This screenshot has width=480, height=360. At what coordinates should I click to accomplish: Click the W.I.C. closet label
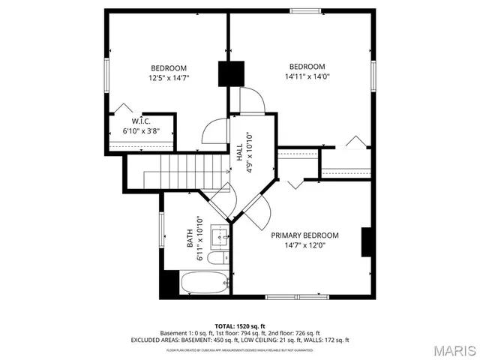[x=141, y=121]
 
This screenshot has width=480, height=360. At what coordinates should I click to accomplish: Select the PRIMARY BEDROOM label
[x=304, y=235]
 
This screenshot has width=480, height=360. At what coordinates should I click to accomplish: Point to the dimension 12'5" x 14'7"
[x=169, y=76]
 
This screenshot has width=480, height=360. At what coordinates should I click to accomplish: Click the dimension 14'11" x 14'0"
[x=307, y=76]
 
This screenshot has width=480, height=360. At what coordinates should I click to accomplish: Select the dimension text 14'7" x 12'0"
[x=304, y=244]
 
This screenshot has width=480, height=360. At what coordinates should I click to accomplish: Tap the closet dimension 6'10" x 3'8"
[x=141, y=130]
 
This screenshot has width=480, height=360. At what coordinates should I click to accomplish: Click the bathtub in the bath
[x=203, y=284]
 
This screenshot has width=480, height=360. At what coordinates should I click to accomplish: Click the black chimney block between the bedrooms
[x=231, y=73]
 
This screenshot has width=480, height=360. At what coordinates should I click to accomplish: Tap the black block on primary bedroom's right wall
[x=367, y=241]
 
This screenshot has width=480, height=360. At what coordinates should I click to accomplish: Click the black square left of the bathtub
[x=169, y=283]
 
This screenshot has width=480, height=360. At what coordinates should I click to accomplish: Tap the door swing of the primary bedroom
[x=259, y=214]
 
